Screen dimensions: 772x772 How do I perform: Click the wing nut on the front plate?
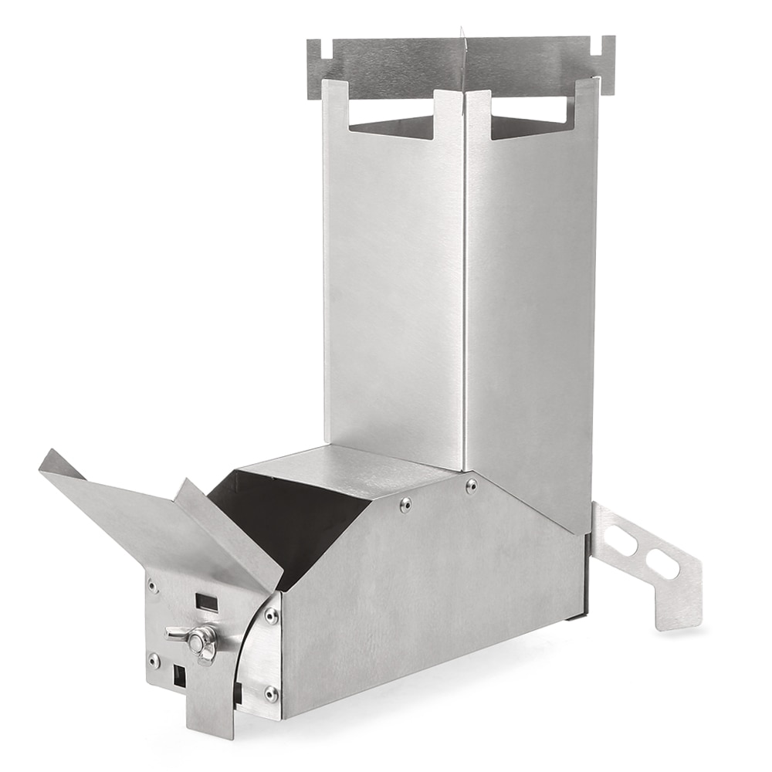[199, 638]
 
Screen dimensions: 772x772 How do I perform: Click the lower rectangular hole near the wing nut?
[179, 677]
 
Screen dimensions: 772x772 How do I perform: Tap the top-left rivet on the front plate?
[153, 587]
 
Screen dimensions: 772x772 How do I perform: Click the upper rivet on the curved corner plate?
[271, 615]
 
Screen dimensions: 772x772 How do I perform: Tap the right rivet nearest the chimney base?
[471, 486]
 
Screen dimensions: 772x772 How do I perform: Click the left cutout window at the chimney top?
[394, 127]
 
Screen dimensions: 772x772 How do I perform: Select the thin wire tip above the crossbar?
[462, 32]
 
